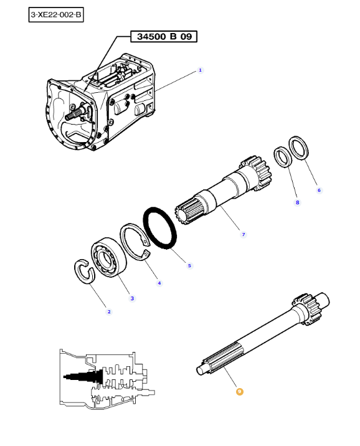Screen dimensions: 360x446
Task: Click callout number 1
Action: pos(200,70)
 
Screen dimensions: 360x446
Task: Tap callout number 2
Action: pos(109,311)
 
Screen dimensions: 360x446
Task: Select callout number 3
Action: pos(132,298)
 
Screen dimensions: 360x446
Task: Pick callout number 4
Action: pos(159,283)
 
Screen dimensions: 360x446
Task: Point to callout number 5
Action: pos(189,265)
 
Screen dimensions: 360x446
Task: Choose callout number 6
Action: pos(319,190)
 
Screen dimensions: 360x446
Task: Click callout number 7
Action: pos(244,234)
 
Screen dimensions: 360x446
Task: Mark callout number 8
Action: pos(298,202)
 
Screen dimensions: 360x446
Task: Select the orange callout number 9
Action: pos(240,392)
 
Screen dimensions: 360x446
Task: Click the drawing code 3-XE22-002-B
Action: pos(56,15)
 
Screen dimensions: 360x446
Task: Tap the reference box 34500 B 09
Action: pos(164,36)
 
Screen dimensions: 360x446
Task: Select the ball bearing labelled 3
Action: pos(108,257)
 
